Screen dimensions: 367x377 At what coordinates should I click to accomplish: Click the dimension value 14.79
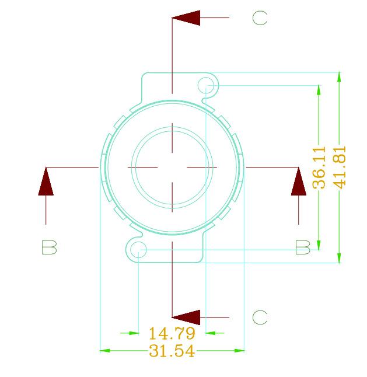coord(172,333)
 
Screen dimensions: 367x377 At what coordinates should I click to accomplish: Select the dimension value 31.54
coord(172,351)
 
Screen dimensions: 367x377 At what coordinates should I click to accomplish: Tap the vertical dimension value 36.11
coord(319,167)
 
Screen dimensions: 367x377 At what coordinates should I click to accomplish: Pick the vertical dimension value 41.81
coord(340,167)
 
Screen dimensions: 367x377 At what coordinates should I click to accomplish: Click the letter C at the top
coord(260,18)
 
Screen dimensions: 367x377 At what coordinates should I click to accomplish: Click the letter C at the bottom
coord(260,317)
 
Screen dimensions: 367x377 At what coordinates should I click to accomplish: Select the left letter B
coord(49,247)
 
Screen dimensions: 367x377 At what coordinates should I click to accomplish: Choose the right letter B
coord(303,247)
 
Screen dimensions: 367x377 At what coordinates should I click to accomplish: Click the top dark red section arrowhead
coord(186,18)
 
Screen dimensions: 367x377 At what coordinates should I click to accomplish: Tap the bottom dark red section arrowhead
coord(186,317)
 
